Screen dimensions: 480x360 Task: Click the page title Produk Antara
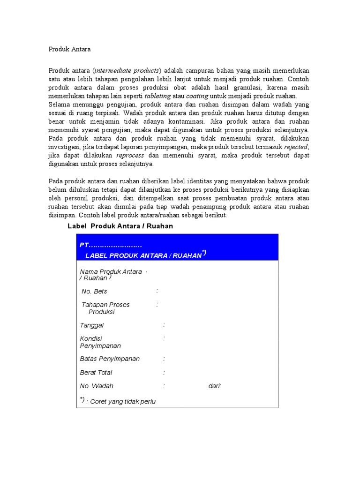(70, 49)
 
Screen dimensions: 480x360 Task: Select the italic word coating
(197, 96)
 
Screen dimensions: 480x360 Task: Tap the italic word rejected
(296, 147)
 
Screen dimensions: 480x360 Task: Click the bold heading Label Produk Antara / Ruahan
(120, 226)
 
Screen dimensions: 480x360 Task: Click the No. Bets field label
(94, 292)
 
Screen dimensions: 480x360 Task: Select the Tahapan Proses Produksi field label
(105, 308)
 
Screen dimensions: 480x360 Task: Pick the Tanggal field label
(92, 325)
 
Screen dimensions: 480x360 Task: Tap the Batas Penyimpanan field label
(110, 359)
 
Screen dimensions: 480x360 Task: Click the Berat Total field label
(96, 373)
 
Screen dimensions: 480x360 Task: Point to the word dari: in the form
(215, 386)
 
